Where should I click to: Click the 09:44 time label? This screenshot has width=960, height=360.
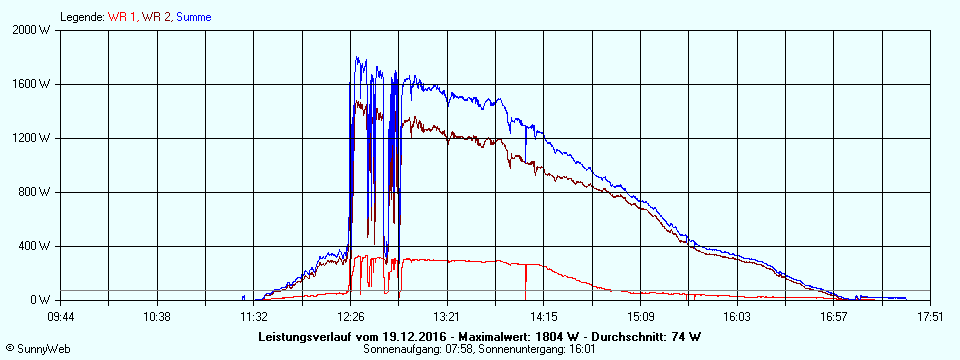point(61,317)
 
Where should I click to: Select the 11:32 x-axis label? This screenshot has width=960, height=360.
point(253,317)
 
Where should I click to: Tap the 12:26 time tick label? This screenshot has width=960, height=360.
point(350,317)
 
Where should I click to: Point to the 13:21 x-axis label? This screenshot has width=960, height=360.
point(447,317)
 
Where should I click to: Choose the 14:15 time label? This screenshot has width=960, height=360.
point(543,317)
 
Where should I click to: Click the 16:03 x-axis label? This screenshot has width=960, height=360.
point(737,317)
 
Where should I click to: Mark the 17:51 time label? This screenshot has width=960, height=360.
point(930,317)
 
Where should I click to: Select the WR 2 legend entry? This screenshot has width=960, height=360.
point(155,17)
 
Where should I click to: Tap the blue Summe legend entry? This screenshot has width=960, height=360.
point(193,17)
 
